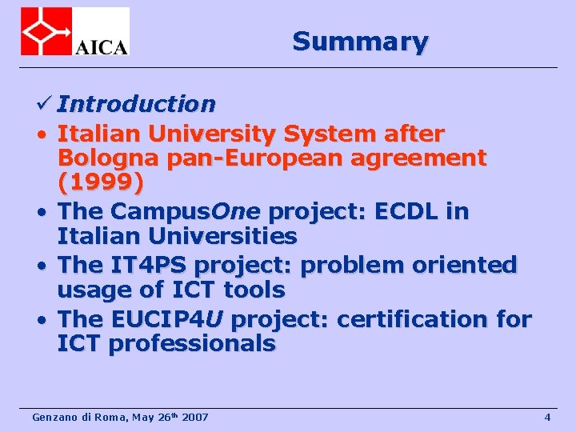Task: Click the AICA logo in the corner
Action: (x=74, y=31)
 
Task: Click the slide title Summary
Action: (x=360, y=41)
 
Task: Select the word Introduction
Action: (x=136, y=104)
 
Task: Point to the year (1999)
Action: (x=101, y=184)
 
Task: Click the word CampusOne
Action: (x=186, y=211)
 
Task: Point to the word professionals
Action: (x=192, y=344)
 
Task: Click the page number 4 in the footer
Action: (x=547, y=417)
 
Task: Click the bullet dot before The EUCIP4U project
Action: (x=39, y=319)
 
